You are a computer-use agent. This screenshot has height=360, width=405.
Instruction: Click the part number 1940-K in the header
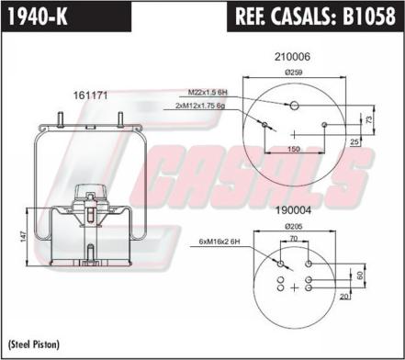coord(37,17)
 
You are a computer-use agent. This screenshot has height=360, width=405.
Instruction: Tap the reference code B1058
coord(368,17)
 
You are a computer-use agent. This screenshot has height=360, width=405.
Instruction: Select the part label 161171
coord(90,96)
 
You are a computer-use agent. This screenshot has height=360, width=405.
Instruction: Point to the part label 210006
coord(292,57)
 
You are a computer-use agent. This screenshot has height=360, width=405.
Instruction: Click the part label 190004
coord(293,210)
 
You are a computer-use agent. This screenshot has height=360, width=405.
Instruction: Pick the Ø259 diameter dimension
coord(294,73)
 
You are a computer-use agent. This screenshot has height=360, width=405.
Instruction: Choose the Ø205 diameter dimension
coord(294,227)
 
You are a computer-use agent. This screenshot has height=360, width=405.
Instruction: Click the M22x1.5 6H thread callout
coord(208,92)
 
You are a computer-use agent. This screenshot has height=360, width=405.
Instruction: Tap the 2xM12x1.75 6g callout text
coord(200,106)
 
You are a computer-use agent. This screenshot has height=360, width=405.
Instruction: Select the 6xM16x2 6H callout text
coord(219,242)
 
